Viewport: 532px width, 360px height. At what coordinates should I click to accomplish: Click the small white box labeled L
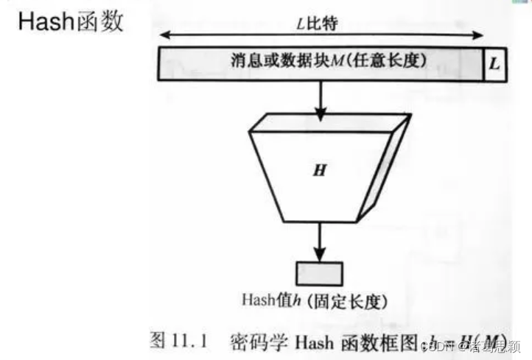pos(494,63)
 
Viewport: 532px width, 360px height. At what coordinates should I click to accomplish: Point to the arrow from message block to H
pos(321,99)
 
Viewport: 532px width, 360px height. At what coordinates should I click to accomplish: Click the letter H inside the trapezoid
pos(320,171)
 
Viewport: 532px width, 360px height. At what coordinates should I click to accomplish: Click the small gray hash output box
pos(320,272)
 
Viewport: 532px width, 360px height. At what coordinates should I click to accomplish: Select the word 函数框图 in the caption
pos(375,340)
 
